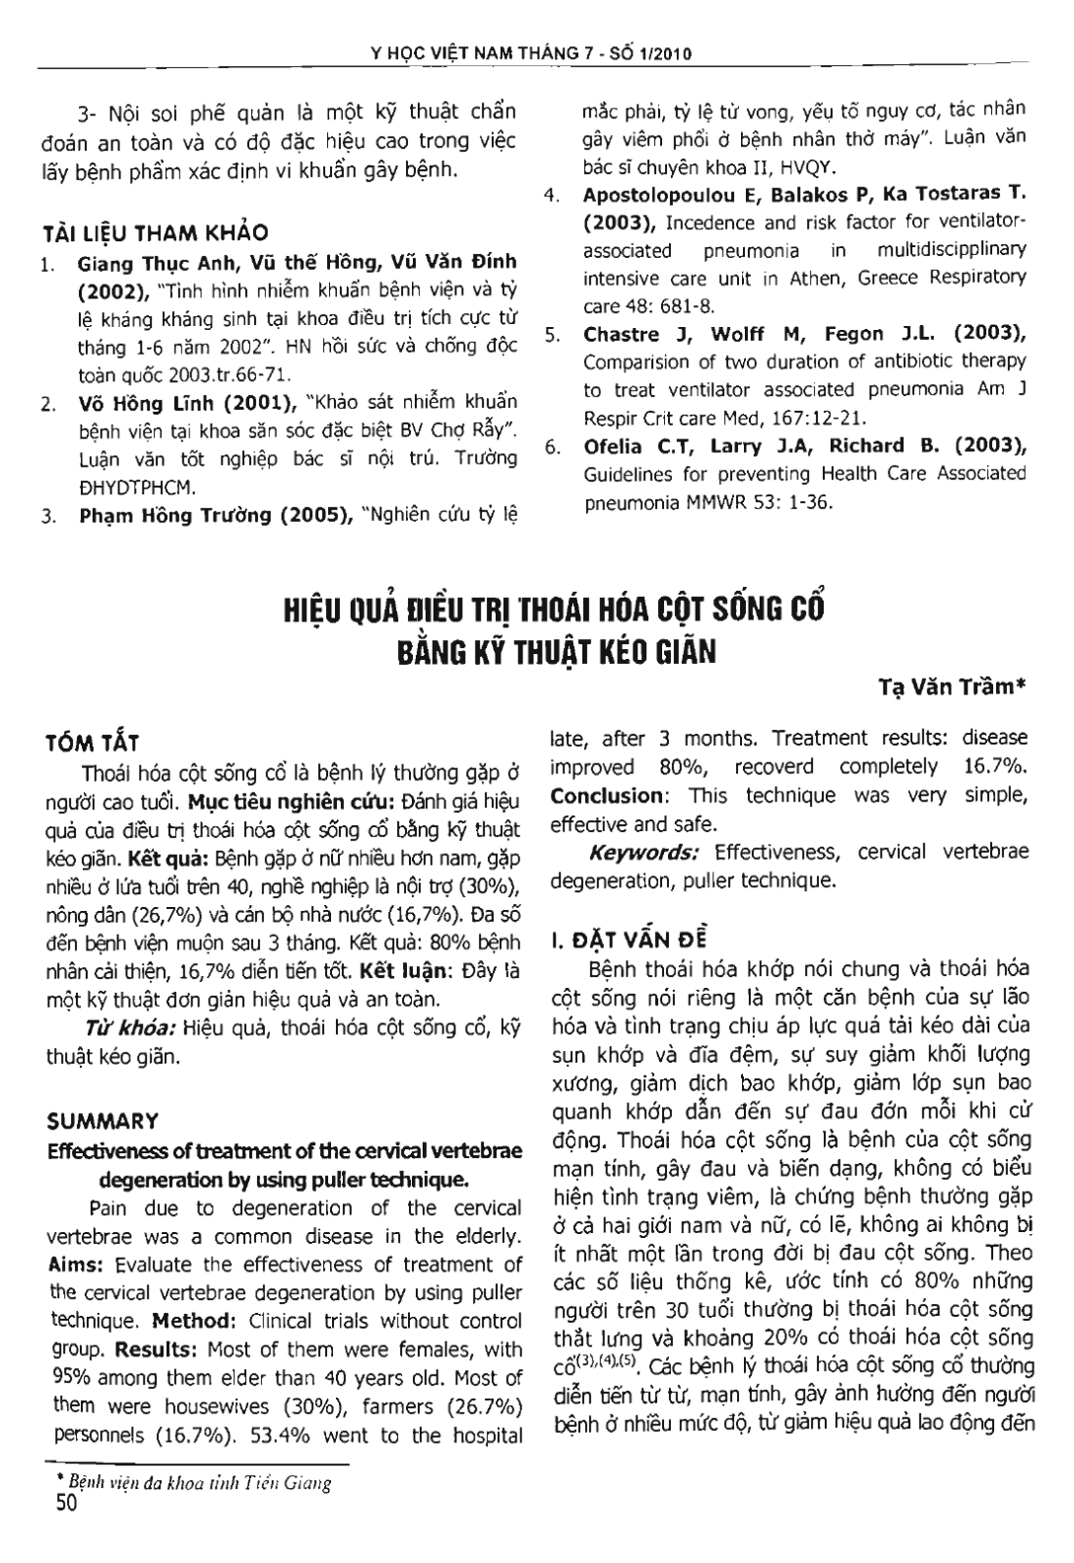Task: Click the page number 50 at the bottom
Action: (x=60, y=1504)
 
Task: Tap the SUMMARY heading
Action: (x=102, y=1121)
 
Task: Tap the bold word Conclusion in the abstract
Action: (x=606, y=795)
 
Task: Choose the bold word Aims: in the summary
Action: (x=76, y=1265)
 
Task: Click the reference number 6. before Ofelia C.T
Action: (x=554, y=446)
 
